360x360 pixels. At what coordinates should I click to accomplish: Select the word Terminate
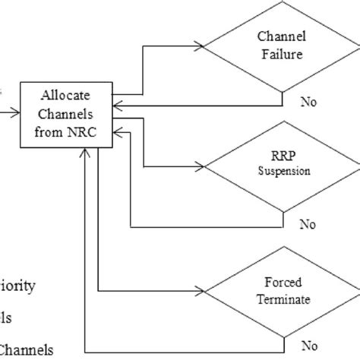(x=283, y=299)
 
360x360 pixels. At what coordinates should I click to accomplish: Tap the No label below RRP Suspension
(x=308, y=224)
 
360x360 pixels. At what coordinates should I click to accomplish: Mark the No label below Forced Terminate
(x=308, y=343)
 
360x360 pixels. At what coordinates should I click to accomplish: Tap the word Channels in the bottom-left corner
(x=27, y=349)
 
